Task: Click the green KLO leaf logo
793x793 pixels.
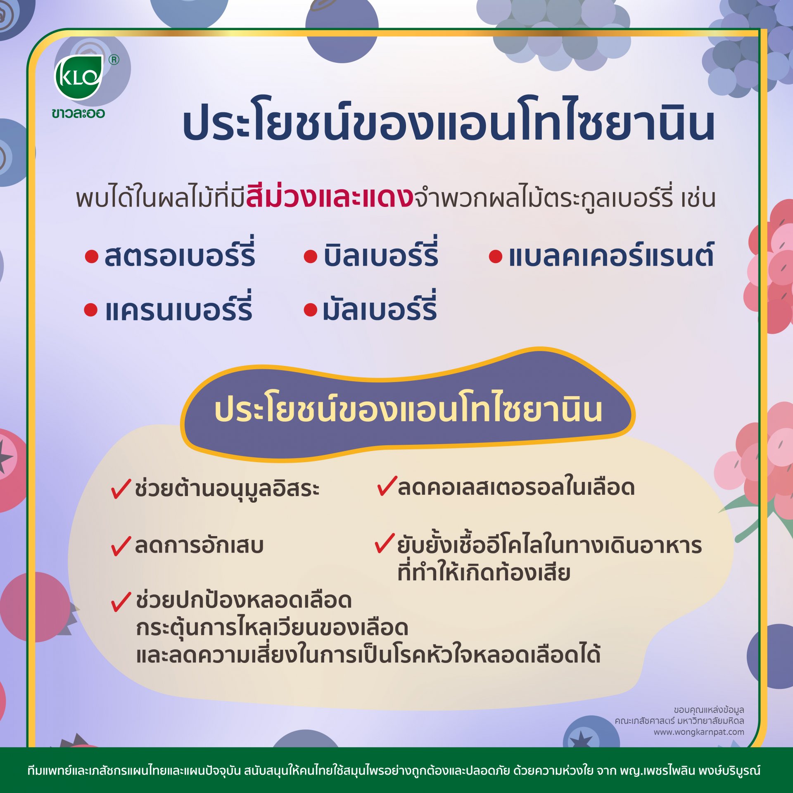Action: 78,77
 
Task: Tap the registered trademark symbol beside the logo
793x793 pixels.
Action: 114,60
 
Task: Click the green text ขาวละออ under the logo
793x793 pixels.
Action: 78,113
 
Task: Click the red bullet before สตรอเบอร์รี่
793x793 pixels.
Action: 91,256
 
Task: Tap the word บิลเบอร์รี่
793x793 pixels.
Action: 380,252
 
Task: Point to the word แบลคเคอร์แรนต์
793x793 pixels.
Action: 611,254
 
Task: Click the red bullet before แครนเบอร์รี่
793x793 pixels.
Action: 90,310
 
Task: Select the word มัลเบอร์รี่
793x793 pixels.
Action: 380,306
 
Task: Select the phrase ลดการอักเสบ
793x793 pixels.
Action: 199,545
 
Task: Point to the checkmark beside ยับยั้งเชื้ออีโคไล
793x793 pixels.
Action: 385,543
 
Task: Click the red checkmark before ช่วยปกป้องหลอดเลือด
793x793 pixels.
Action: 121,601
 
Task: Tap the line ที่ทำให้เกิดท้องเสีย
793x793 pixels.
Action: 484,572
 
